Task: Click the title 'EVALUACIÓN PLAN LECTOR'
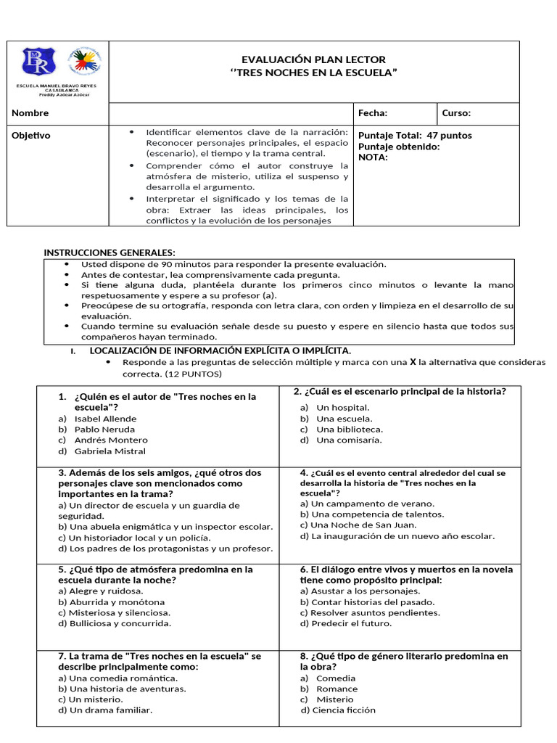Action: click(x=313, y=59)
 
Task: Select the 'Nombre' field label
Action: click(x=30, y=113)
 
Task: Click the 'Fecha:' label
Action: click(x=373, y=113)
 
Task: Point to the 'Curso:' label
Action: click(x=456, y=113)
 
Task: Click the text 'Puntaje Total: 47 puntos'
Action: click(x=415, y=136)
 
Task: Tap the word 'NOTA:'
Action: click(x=373, y=157)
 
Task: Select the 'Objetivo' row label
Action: click(x=31, y=136)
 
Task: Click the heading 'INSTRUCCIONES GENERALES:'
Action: click(x=110, y=253)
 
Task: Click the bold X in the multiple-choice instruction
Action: click(x=413, y=361)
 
